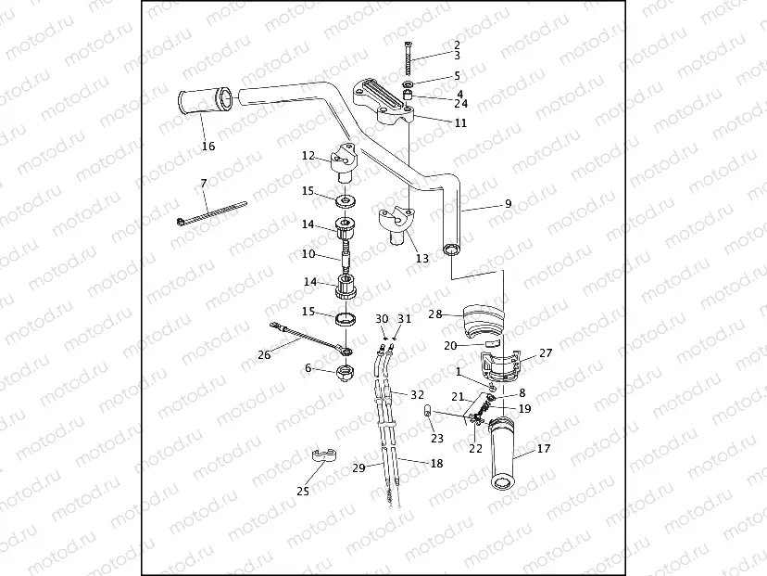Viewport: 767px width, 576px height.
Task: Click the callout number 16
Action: tap(208, 147)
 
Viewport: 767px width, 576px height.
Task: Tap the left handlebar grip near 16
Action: tap(202, 103)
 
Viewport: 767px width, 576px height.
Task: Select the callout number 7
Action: tap(204, 184)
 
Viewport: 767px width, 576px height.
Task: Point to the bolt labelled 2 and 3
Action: tap(408, 58)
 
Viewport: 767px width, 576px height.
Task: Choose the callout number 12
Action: tap(308, 157)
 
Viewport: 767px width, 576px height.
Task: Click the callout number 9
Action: tap(508, 204)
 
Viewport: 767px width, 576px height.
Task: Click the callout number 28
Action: tap(434, 314)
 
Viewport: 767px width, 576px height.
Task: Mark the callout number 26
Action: tap(264, 354)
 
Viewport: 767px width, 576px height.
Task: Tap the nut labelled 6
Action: tap(344, 373)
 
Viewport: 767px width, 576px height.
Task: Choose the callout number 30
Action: tap(382, 319)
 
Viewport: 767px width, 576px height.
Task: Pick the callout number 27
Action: tap(546, 352)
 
